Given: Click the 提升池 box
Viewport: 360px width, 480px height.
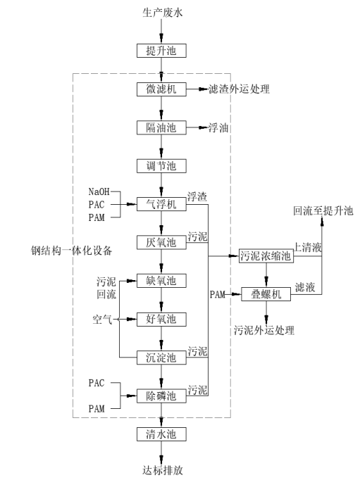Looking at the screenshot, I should (161, 51).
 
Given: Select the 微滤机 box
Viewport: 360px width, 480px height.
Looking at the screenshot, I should (161, 90).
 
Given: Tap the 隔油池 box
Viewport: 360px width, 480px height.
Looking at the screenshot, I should (161, 127).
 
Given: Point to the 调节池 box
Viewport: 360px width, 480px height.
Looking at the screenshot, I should (161, 166).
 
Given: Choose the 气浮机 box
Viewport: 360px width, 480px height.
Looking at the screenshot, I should (161, 203).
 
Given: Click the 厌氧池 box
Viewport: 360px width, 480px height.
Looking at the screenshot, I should (161, 241).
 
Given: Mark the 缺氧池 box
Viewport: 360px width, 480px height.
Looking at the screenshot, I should (161, 281).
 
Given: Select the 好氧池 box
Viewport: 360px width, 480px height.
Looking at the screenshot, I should (161, 319).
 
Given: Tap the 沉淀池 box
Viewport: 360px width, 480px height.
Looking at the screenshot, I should (161, 357).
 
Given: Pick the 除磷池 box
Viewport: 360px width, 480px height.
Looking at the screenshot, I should (161, 395).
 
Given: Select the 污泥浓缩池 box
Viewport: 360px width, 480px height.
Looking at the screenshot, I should (266, 256).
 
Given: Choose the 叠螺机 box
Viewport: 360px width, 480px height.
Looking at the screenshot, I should (266, 294).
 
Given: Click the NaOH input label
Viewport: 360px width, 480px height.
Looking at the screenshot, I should (100, 191).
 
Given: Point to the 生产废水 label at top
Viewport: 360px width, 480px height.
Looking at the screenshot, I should (161, 12).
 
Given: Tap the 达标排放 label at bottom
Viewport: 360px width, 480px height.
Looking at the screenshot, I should (161, 470).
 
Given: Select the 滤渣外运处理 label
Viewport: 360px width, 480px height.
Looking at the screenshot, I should (239, 90).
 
